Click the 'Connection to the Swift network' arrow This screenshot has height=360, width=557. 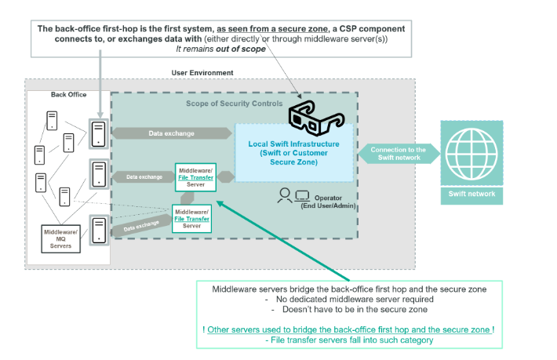[x=398, y=154]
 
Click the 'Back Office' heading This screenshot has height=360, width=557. [x=69, y=95]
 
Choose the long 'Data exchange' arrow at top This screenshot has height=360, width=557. [x=172, y=133]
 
